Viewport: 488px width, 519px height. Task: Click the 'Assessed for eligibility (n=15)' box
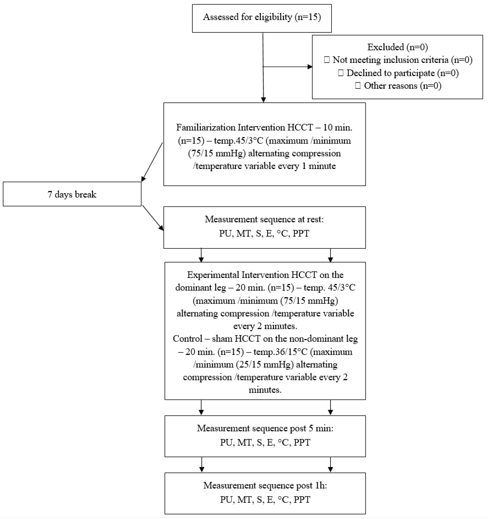tap(262, 18)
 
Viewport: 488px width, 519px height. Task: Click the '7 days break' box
tap(72, 194)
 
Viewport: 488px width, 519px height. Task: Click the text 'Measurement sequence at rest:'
tap(264, 219)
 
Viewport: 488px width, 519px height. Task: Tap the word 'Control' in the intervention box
tap(188, 339)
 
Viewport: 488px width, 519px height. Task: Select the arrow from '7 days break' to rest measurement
tap(153, 218)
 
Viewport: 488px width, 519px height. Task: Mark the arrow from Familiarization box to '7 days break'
tap(152, 162)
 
